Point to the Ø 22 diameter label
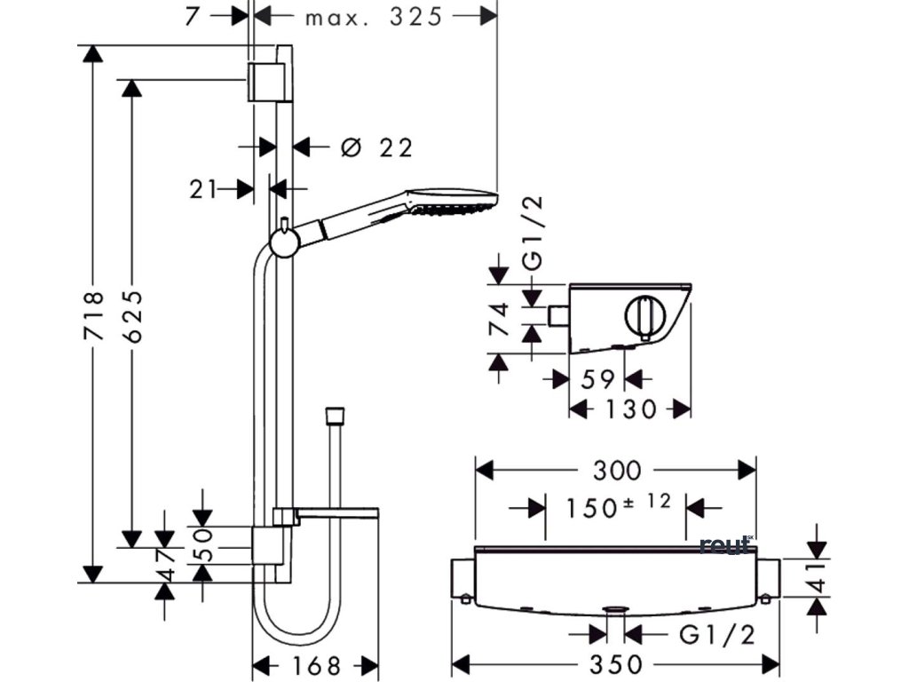pyautogui.click(x=377, y=147)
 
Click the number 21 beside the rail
pyautogui.click(x=203, y=188)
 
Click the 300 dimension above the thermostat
pyautogui.click(x=617, y=469)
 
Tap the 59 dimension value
pyautogui.click(x=597, y=380)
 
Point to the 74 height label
pyautogui.click(x=500, y=321)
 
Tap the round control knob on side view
pyautogui.click(x=644, y=315)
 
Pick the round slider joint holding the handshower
pyautogui.click(x=284, y=241)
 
